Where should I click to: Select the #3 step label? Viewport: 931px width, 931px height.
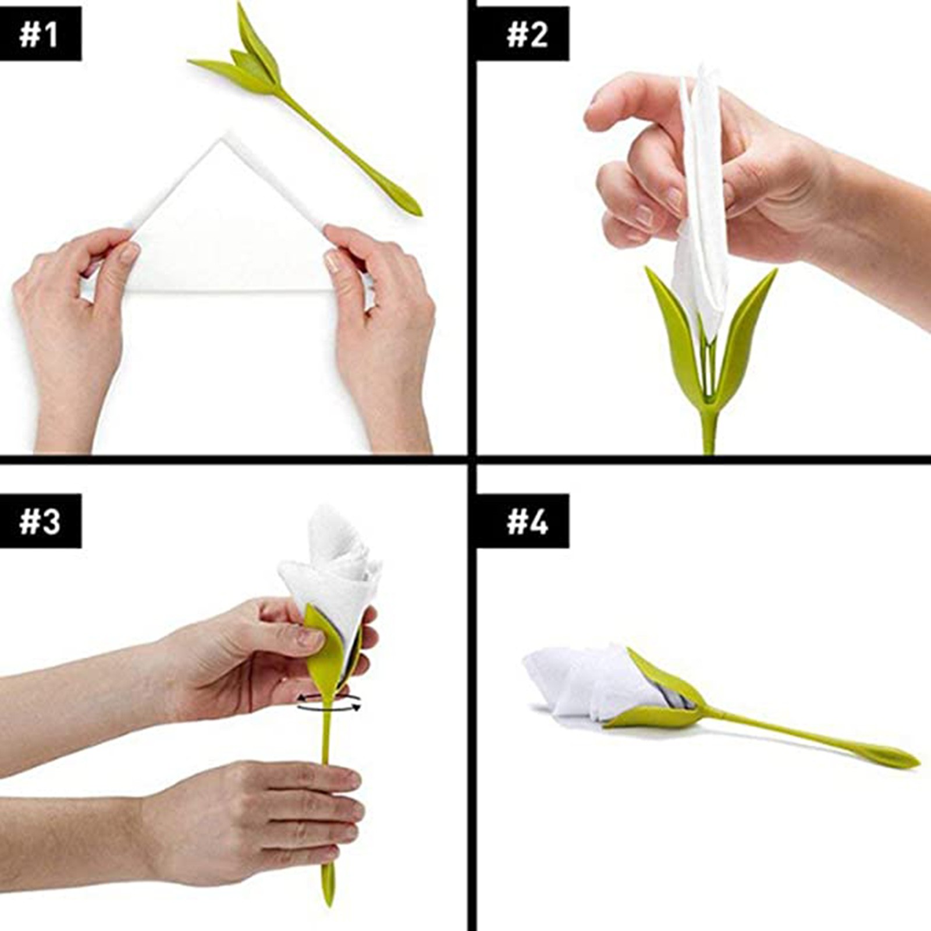[40, 521]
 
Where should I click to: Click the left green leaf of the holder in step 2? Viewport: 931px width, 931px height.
[675, 326]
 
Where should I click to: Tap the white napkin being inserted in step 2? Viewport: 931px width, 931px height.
[702, 204]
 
